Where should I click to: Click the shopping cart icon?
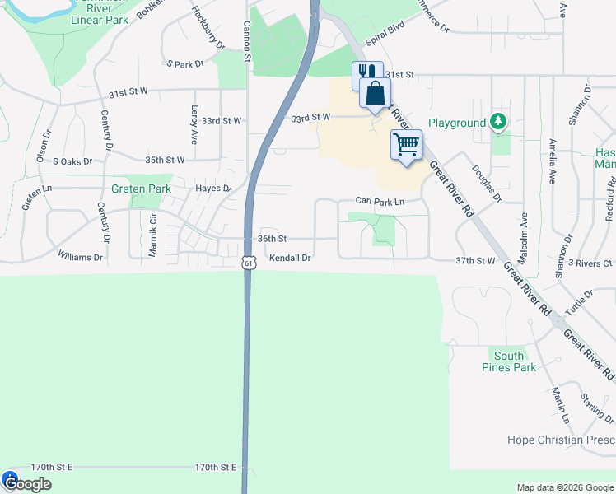coord(406,145)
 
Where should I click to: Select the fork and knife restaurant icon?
coord(365,74)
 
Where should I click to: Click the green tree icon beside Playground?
coord(497,122)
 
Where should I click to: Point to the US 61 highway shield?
coord(248,262)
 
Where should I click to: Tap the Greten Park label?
coord(142,189)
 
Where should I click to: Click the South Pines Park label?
coord(508,361)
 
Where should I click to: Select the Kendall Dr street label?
coord(290,258)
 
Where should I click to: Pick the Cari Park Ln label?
coord(380,201)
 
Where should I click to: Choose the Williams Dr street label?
coord(80,258)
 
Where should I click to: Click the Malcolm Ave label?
coord(523,234)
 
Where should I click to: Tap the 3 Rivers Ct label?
coord(590,263)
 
